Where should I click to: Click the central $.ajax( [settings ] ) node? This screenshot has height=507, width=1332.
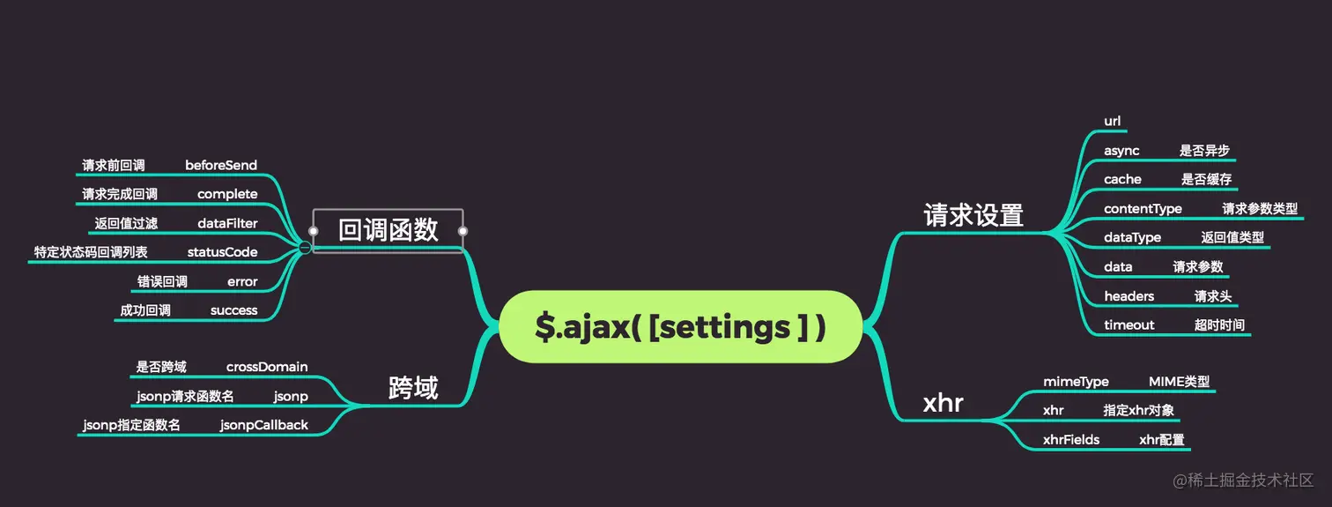(680, 327)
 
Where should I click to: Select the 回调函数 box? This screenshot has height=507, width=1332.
(388, 231)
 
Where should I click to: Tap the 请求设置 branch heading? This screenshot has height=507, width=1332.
(973, 216)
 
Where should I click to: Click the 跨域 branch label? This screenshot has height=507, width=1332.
(413, 388)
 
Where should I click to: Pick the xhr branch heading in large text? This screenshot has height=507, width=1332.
(943, 404)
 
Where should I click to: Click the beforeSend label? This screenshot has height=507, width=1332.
(221, 166)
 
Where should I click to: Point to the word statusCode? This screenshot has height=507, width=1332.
(222, 252)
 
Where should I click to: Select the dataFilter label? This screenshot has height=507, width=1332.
(227, 223)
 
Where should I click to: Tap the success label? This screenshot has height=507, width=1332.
(233, 310)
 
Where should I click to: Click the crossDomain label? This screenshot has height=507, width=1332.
(267, 367)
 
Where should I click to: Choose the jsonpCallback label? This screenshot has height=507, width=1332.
(264, 425)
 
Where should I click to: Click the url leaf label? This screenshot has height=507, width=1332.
(1112, 121)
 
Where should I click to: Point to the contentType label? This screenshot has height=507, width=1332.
(1143, 209)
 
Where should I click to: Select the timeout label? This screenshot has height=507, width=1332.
(1128, 325)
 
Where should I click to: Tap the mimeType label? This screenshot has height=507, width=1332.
(1076, 382)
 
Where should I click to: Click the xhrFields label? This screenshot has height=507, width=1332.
(1070, 440)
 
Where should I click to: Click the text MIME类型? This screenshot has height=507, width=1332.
(1179, 382)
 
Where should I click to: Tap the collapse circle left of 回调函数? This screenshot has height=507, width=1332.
(304, 248)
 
